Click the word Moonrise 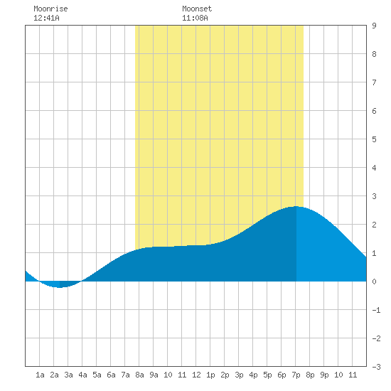coord(50,9)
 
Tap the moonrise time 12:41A coord(46,18)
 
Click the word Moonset coord(197,9)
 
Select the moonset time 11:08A coord(195,18)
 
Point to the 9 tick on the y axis coord(374,26)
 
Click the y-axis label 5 coord(374,139)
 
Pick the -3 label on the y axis coord(376,367)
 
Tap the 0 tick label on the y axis coord(374,282)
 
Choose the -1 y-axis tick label coord(376,310)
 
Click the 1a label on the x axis coord(40,375)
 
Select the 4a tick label coord(82,375)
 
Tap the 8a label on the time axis coord(139,375)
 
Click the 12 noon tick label coord(196,375)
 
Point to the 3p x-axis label coord(239,375)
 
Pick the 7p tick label coord(296,375)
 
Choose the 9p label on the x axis coord(324,375)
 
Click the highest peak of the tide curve coord(296,206)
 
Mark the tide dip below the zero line coord(59,287)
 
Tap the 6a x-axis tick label coord(111,375)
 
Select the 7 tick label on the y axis coord(374,82)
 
